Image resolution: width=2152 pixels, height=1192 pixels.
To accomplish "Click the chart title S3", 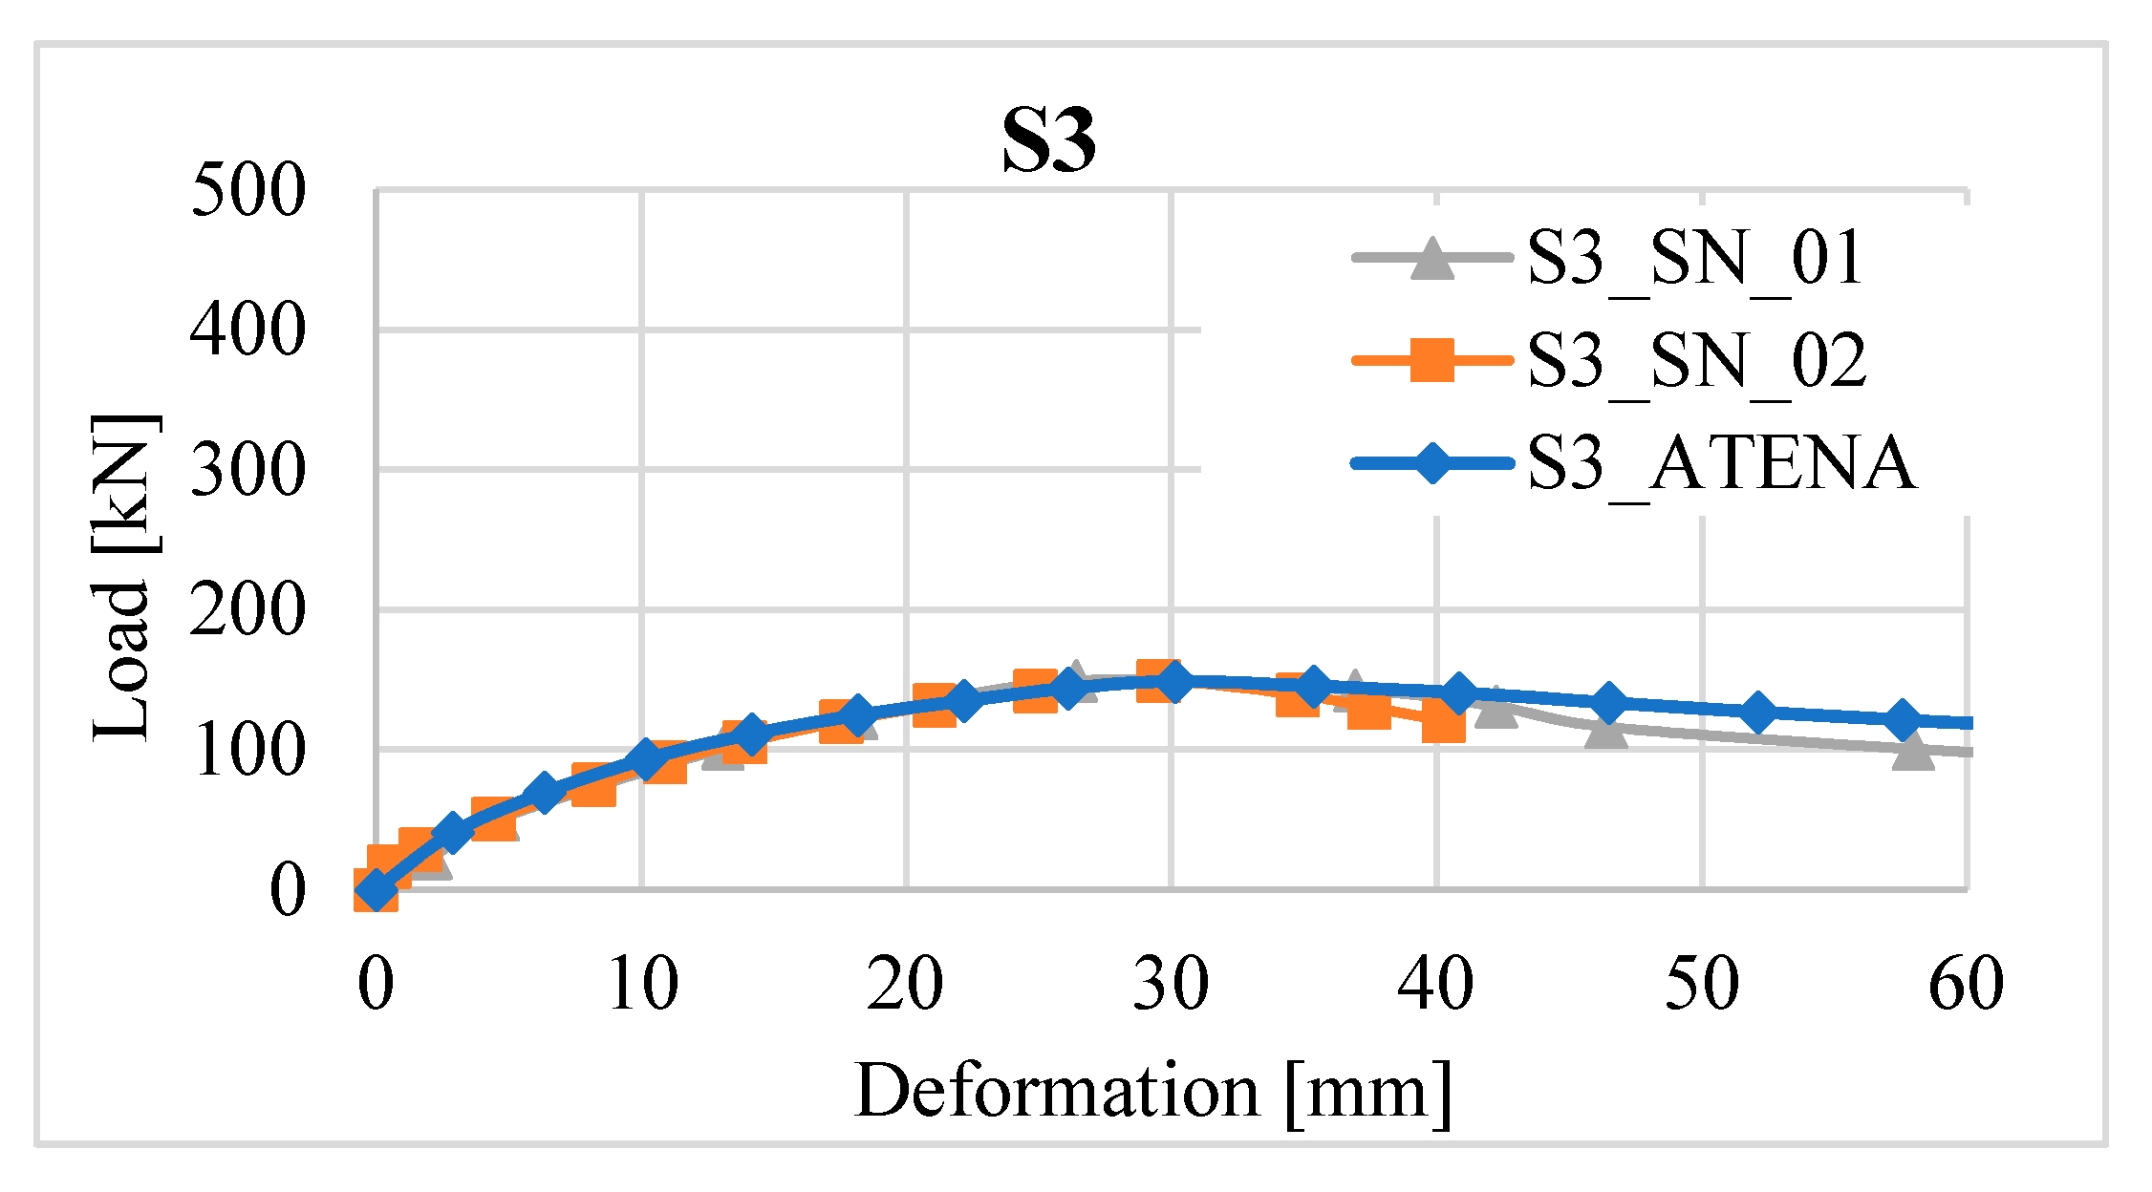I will (1048, 141).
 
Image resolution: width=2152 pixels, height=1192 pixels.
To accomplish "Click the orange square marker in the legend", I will (1431, 361).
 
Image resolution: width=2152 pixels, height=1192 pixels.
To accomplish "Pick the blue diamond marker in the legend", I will (1431, 463).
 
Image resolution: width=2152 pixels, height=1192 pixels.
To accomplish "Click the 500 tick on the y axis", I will (248, 190).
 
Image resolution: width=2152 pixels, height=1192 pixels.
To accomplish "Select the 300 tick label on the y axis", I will (248, 470).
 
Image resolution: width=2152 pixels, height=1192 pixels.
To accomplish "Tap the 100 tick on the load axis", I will (248, 751).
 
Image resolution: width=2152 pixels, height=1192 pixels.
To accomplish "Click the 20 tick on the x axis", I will (905, 984).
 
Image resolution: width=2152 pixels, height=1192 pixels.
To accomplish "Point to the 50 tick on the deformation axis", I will (1701, 984).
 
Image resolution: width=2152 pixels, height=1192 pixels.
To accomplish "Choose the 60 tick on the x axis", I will (1966, 984).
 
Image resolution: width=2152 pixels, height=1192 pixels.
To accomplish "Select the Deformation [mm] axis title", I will (1152, 1092).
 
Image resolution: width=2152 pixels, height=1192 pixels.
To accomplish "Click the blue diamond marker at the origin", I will (376, 890).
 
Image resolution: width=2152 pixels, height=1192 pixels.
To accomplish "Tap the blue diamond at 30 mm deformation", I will (1173, 681).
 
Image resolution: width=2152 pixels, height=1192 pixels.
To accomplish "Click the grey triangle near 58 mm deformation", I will (1912, 752).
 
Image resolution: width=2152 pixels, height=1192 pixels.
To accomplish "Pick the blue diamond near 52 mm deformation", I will (1756, 712).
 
